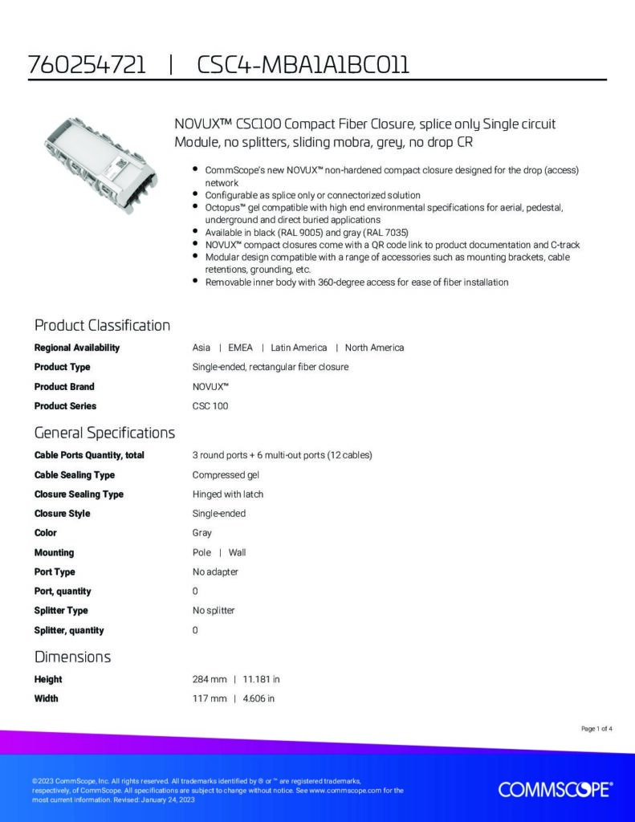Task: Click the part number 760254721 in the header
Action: point(87,65)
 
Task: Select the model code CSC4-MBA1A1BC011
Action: point(303,65)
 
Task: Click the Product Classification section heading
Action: point(102,325)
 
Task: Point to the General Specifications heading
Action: point(104,433)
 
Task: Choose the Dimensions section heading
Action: point(72,657)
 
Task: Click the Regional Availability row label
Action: point(77,348)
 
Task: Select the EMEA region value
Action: point(240,348)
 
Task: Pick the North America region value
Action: point(374,348)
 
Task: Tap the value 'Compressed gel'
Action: point(220,475)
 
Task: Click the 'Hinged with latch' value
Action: point(228,494)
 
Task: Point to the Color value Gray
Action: point(201,533)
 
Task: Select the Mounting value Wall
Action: point(237,552)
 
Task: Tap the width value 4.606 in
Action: point(258,698)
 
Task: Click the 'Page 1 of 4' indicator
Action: point(596,729)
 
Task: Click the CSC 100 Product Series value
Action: point(210,406)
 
